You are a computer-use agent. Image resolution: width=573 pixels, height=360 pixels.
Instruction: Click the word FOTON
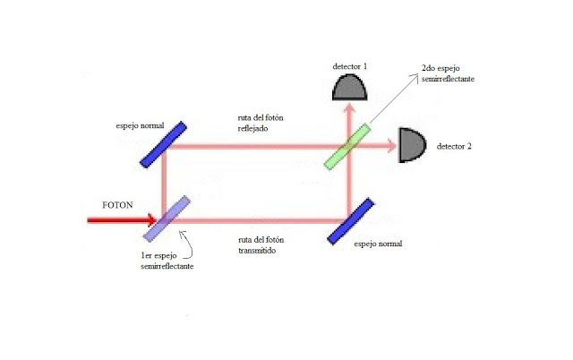pos(117,205)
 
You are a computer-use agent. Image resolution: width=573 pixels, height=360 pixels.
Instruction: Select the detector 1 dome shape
pos(350,86)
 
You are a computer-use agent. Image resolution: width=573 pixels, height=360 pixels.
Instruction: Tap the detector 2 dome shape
pos(411,144)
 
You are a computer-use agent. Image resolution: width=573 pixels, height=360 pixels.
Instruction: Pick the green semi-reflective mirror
pos(348,145)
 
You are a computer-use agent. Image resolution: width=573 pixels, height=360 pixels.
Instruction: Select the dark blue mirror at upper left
pos(164,144)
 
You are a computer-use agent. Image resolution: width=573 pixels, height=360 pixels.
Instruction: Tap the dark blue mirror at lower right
pos(350,219)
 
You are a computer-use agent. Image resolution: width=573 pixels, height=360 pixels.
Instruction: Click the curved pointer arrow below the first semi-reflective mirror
pos(185,239)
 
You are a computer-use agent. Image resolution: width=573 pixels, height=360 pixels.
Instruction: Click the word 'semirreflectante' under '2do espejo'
pos(449,80)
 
